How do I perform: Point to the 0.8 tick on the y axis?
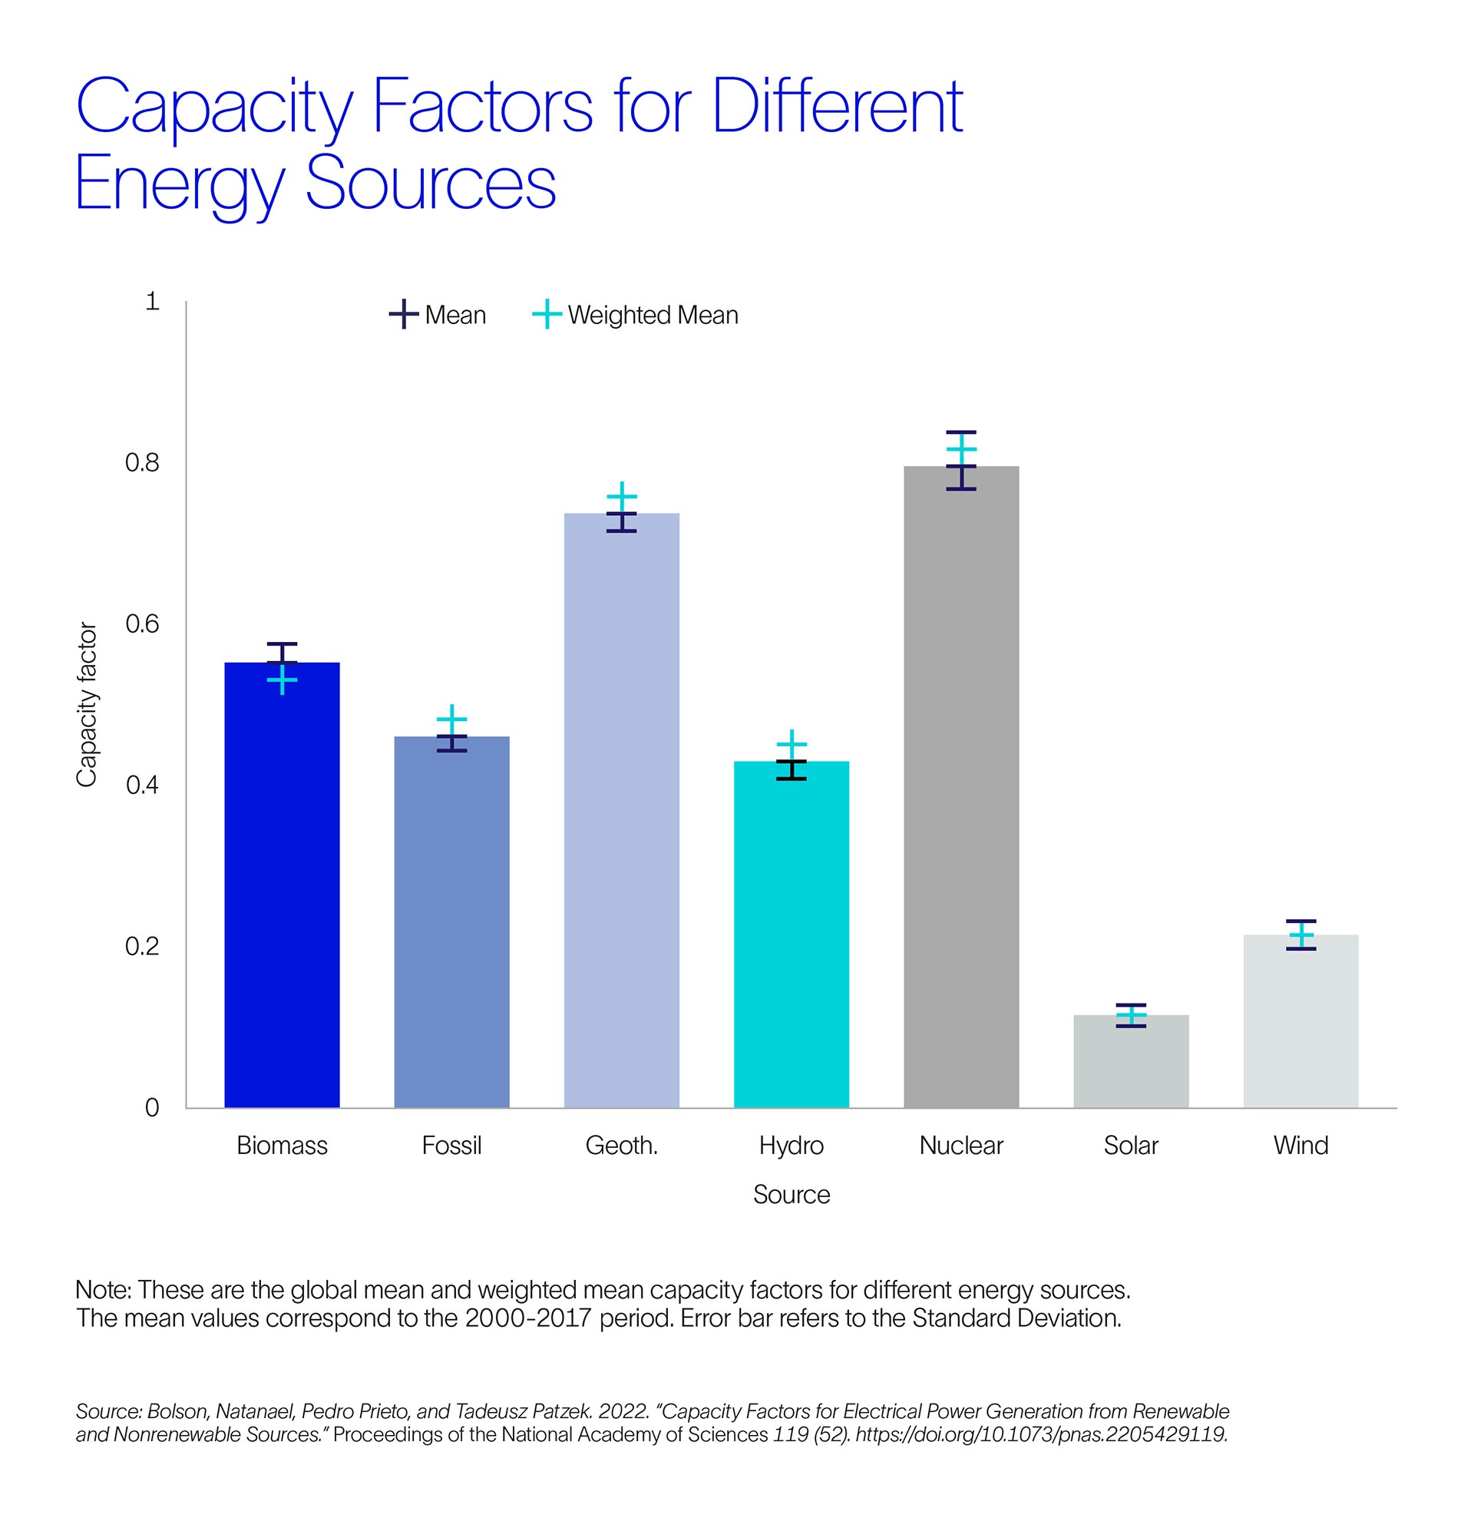click(x=142, y=463)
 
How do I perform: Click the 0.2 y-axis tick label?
click(x=142, y=947)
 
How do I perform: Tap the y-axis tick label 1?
click(x=153, y=301)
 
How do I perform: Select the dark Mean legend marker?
click(x=404, y=315)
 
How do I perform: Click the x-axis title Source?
click(x=791, y=1194)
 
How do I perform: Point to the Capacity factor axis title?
click(x=86, y=704)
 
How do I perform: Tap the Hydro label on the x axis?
click(x=791, y=1146)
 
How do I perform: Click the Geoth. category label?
click(x=621, y=1146)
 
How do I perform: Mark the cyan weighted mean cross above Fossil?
click(x=451, y=719)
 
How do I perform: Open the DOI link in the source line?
click(x=1041, y=1434)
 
